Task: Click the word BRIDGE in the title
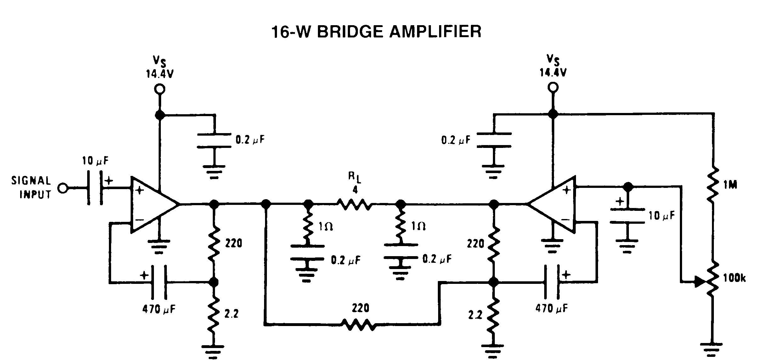(350, 32)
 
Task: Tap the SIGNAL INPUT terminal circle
(63, 188)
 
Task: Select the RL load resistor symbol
(355, 204)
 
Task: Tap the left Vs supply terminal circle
(160, 89)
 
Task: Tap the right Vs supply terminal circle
(553, 87)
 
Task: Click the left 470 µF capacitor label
(159, 309)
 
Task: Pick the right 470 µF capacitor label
(551, 308)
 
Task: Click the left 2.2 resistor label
(231, 314)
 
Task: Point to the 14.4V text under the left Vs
(160, 74)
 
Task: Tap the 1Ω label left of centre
(325, 226)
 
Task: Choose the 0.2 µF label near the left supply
(250, 140)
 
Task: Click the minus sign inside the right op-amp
(566, 219)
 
